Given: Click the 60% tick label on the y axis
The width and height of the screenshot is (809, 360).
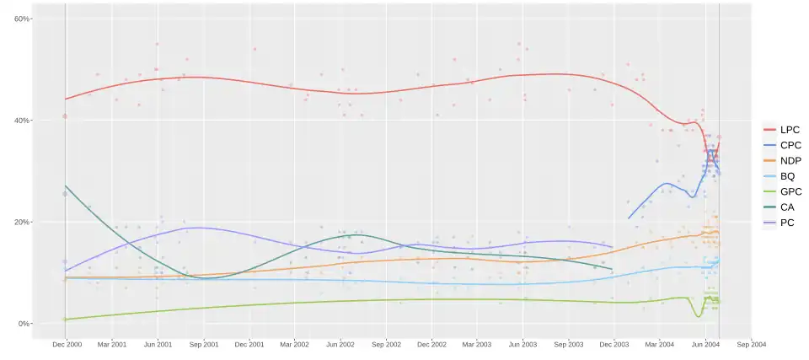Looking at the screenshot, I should point(22,19).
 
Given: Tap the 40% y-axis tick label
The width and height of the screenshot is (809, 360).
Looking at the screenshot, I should point(22,121).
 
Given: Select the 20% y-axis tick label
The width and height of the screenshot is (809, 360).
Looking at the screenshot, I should point(22,222).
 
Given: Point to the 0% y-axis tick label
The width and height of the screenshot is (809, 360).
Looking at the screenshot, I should point(24,324).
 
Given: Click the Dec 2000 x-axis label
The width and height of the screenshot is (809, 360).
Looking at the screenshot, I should point(67,344).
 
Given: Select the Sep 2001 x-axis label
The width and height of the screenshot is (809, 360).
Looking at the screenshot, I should point(203,344).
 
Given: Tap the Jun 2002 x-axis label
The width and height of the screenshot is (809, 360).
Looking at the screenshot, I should point(340,344).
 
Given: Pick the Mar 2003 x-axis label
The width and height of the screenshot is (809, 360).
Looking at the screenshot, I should point(476,344).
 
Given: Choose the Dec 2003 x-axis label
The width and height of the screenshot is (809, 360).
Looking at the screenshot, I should point(614,344).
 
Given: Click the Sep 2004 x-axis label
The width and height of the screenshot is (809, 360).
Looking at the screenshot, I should point(751,344).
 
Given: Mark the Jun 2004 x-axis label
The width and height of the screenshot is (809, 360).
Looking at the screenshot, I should point(705,344).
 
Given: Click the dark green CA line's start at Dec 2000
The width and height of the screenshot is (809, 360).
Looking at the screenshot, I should point(66,185).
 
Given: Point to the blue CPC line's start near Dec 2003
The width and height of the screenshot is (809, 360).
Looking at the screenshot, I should point(628,218).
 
